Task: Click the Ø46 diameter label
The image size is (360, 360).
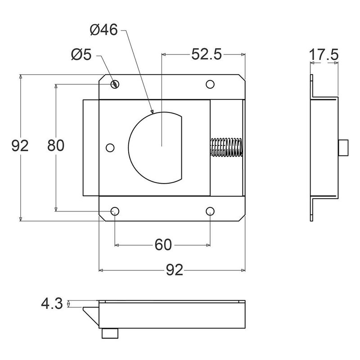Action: (x=103, y=31)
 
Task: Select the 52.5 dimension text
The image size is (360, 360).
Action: (x=207, y=54)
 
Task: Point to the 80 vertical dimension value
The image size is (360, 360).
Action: (x=56, y=145)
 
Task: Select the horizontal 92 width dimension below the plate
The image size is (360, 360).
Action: (x=173, y=270)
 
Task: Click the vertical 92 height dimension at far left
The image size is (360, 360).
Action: (x=20, y=145)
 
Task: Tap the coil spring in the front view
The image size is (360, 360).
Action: (x=226, y=148)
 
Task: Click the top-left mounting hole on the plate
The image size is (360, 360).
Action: (x=116, y=84)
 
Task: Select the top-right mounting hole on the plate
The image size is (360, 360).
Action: (x=210, y=84)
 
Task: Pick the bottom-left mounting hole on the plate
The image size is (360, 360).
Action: (x=115, y=211)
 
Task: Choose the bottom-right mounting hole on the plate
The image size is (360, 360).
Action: (x=211, y=211)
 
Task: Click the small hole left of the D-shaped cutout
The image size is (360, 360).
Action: (x=109, y=148)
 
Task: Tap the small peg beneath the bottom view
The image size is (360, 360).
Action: (x=110, y=333)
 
